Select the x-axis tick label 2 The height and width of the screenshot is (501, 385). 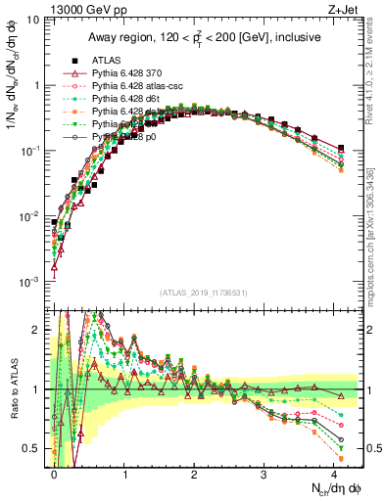pyautogui.click(x=194, y=474)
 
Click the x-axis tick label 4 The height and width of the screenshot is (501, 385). pyautogui.click(x=333, y=474)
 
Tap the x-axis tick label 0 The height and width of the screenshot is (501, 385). pyautogui.click(x=55, y=474)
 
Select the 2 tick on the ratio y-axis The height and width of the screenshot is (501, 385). pyautogui.click(x=36, y=330)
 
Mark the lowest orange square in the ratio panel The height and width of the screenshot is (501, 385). pyautogui.click(x=340, y=458)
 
